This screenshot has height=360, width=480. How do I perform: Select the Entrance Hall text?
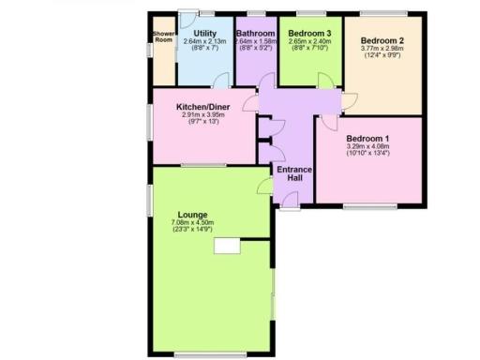(293, 174)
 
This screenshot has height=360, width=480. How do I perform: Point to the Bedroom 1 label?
(367, 139)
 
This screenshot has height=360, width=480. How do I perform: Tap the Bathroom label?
(254, 33)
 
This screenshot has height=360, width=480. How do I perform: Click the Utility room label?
(205, 33)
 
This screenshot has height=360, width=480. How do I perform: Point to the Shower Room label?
(163, 37)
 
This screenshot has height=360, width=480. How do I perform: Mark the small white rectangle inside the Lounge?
(226, 246)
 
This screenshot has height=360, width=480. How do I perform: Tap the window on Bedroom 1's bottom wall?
(367, 205)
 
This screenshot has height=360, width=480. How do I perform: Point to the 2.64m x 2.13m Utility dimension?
(205, 41)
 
